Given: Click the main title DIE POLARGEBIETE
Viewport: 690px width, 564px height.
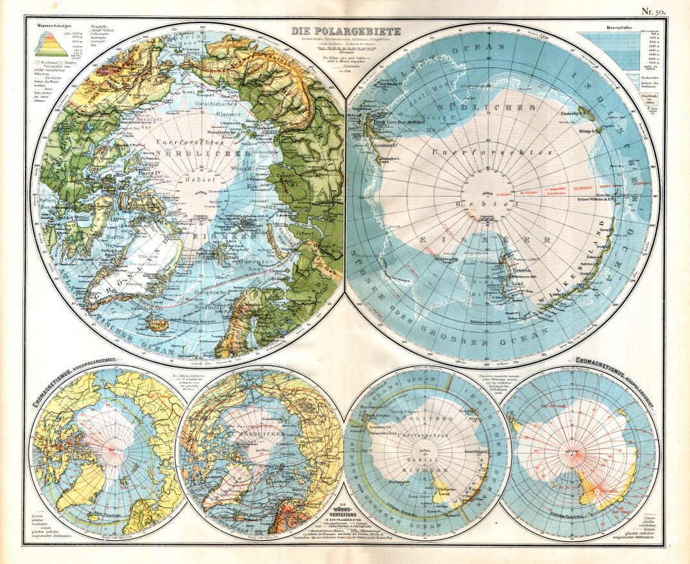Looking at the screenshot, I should pyautogui.click(x=346, y=30).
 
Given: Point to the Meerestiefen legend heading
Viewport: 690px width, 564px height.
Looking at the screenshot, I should pyautogui.click(x=618, y=29).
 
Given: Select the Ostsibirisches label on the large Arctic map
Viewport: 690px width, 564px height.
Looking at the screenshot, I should pyautogui.click(x=216, y=103).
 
